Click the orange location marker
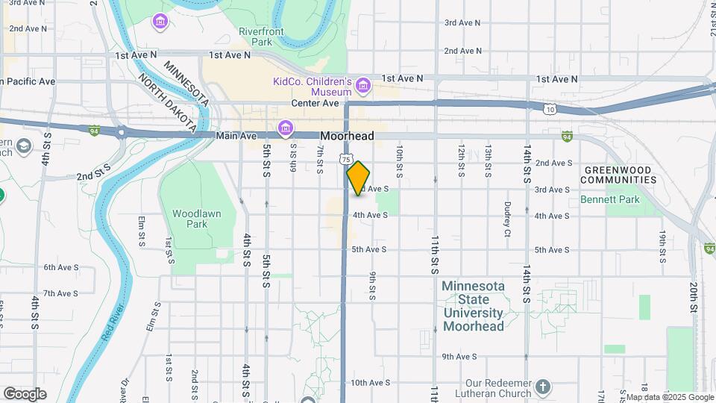[358, 178]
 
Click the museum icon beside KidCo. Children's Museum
[363, 86]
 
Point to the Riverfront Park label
[256, 37]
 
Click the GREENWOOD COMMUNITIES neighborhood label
[618, 175]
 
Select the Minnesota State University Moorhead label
[474, 306]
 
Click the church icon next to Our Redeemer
[543, 387]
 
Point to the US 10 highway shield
[550, 109]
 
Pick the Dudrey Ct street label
[507, 219]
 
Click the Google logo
[25, 393]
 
